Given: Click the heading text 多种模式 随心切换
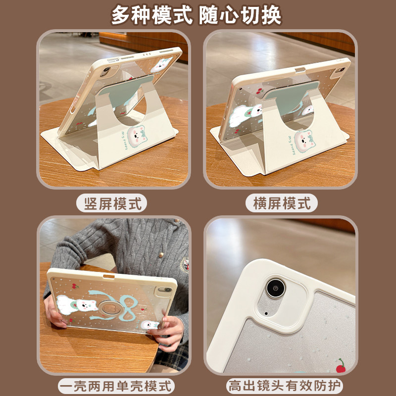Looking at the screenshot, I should pos(197,15).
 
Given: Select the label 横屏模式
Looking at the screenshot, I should pos(281,203).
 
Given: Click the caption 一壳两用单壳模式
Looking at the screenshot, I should pos(117,386).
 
